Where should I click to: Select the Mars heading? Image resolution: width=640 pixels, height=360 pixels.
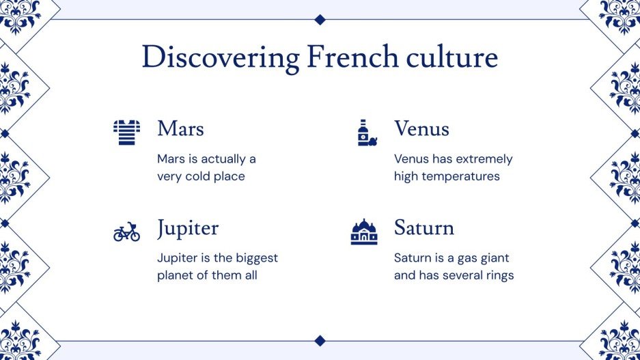coord(180,128)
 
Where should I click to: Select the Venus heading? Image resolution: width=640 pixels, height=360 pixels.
coord(421,128)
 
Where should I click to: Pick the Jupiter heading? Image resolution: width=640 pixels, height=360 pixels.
coord(188,228)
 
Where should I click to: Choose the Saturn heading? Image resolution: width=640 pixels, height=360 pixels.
coord(423,228)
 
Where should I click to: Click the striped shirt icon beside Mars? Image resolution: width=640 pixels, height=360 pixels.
coord(126,132)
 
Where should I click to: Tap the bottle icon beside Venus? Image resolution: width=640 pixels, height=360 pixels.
coord(366,133)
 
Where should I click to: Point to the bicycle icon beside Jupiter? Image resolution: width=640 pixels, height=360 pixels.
coord(126,232)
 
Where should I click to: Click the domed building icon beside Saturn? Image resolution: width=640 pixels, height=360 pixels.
coord(364,232)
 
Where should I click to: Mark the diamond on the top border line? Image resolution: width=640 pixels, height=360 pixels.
coord(320,19)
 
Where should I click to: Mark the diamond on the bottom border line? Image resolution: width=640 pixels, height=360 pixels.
coord(320,340)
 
